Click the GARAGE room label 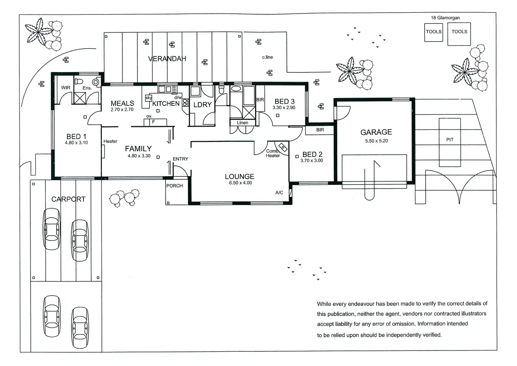click(376, 132)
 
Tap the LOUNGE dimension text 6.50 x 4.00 click(241, 183)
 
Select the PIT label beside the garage click(450, 140)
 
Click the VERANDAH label click(167, 59)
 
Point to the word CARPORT click(68, 199)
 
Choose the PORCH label click(175, 186)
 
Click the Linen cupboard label click(242, 123)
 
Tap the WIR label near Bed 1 click(66, 88)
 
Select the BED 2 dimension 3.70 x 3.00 click(312, 161)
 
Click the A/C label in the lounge click(279, 193)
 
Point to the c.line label click(267, 57)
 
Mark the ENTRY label click(181, 159)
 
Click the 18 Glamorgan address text click(445, 18)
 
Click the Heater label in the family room click(110, 141)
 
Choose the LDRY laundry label click(203, 105)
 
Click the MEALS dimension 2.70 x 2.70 click(122, 110)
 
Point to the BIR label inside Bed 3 click(260, 100)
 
